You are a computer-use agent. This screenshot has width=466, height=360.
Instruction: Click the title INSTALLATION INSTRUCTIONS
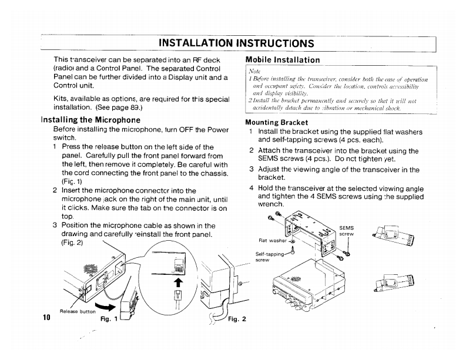click(237, 43)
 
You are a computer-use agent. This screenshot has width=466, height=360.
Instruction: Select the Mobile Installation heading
click(282, 59)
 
